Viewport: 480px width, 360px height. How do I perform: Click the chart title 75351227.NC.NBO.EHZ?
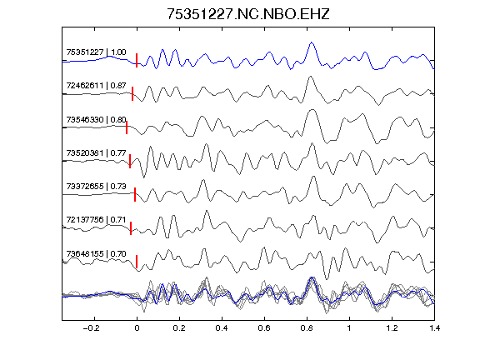248,14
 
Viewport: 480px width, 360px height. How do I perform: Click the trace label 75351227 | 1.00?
96,52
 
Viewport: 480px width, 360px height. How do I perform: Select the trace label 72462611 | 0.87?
96,86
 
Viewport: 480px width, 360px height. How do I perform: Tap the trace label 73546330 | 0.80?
96,120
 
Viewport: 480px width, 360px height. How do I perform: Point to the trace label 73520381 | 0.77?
96,152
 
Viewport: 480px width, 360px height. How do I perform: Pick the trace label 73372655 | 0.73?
96,187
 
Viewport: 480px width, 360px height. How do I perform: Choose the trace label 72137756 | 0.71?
96,220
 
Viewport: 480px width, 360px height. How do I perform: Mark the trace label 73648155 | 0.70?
96,254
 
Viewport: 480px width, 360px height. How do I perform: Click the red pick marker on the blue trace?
137,60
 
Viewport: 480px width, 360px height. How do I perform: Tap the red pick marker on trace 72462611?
132,93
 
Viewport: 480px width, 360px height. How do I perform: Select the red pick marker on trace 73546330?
127,127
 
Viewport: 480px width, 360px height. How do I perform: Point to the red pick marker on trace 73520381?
130,161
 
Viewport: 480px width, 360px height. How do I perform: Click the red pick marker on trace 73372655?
135,195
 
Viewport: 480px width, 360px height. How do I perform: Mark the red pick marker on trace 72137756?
131,228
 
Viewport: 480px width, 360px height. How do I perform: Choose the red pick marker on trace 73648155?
137,262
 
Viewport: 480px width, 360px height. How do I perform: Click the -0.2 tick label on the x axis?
92,328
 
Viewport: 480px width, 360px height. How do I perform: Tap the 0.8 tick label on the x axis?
307,328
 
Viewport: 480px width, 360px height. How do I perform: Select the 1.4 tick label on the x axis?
434,328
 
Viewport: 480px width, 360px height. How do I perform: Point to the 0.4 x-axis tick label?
222,328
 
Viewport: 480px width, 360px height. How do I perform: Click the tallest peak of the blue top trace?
312,42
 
